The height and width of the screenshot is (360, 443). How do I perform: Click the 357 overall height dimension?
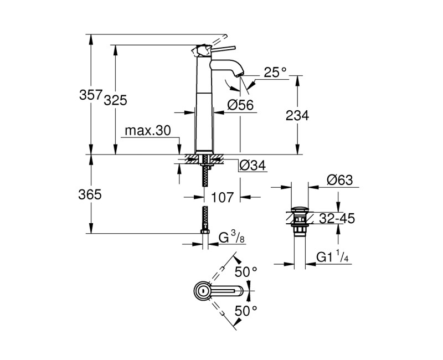coord(91,95)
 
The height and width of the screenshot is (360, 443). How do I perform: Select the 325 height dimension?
coord(116,100)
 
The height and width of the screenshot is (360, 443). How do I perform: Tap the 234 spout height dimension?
coord(297,115)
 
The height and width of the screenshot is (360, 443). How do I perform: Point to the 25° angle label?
coord(275,71)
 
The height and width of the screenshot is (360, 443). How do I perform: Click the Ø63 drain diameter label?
coord(339,180)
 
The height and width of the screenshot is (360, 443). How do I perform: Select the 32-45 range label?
coord(336,218)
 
